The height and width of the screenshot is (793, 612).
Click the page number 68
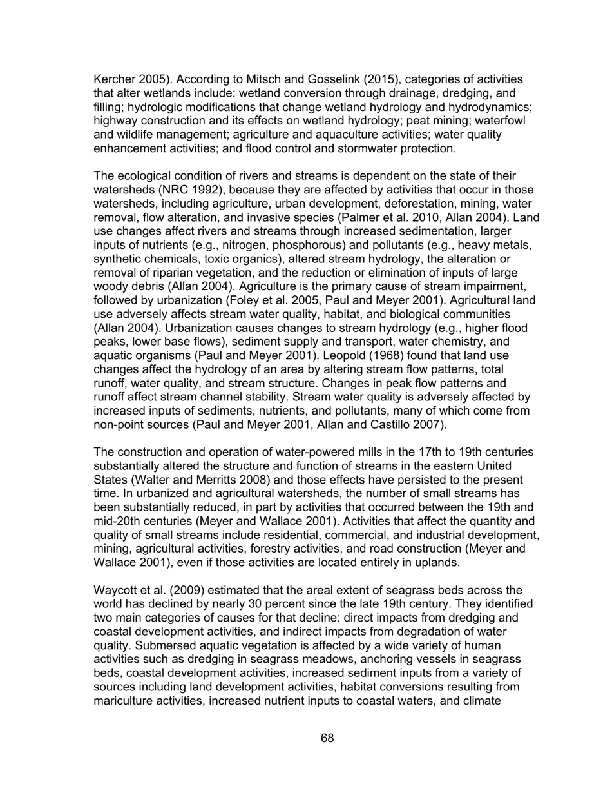click(327, 738)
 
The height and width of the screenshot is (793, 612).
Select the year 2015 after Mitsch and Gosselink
click(365, 79)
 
